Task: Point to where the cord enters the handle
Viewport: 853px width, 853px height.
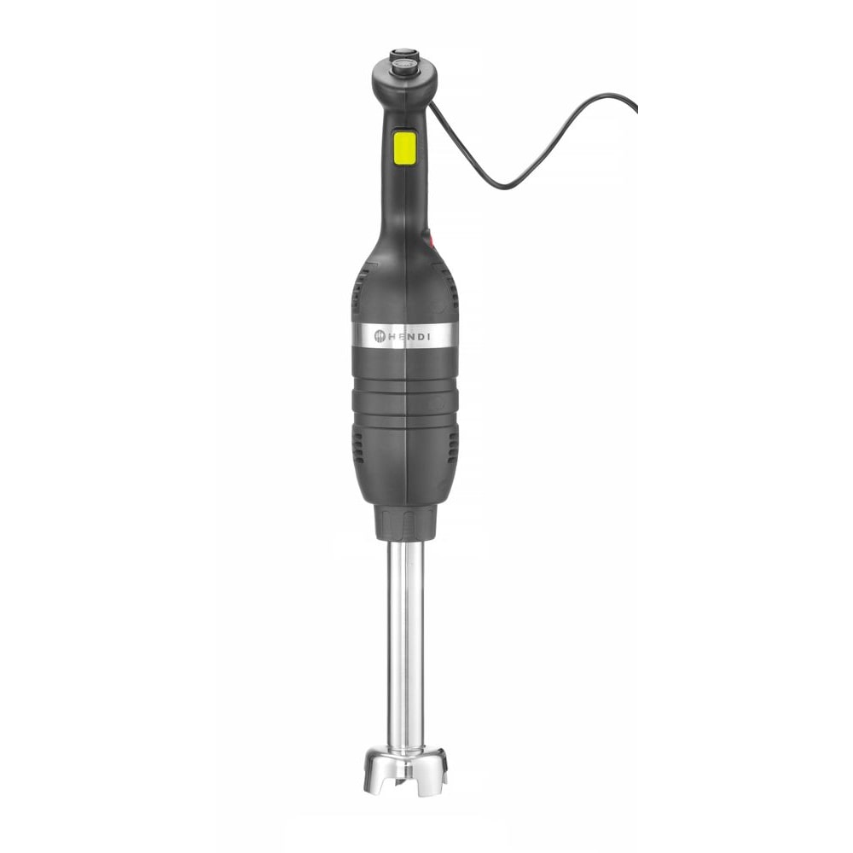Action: click(x=432, y=104)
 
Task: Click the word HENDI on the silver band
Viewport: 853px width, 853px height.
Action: click(x=412, y=337)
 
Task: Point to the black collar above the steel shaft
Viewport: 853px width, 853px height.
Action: click(x=406, y=522)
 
